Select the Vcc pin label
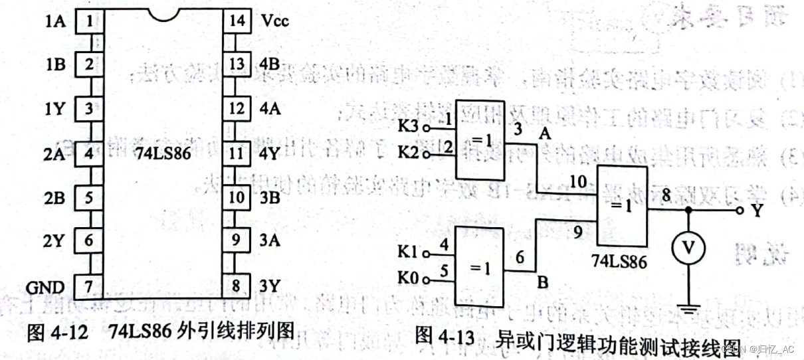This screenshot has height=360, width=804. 274,21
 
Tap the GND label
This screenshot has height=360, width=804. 45,287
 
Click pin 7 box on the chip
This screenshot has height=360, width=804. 88,286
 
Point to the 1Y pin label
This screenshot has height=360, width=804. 55,109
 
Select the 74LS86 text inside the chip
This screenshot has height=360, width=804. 163,153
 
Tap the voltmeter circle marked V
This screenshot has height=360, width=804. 689,247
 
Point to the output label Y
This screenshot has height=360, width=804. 756,211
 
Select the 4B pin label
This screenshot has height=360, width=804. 272,64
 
